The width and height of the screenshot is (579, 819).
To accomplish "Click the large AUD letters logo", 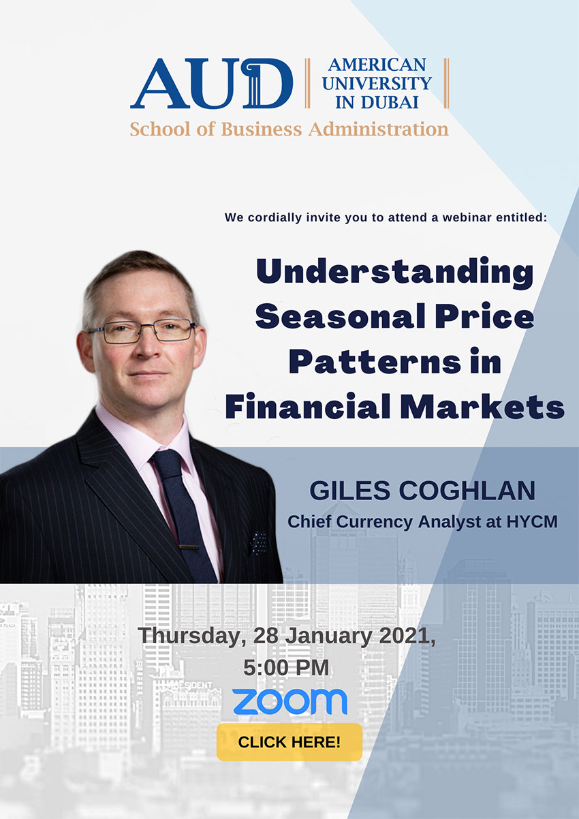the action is (x=212, y=83).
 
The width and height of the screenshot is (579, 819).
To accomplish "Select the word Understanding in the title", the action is (x=395, y=272).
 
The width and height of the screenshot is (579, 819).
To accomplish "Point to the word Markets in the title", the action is (x=482, y=405).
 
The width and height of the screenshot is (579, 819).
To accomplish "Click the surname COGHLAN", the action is (x=467, y=491).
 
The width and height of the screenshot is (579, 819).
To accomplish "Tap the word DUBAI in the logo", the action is (x=390, y=102).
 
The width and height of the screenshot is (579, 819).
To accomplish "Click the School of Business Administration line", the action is (x=289, y=129).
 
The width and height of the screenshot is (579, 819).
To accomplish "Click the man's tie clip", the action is (x=189, y=547).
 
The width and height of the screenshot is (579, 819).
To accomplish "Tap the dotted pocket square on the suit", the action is (x=258, y=543).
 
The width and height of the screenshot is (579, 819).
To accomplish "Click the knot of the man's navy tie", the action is (x=166, y=463).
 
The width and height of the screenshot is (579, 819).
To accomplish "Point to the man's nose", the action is (x=148, y=348).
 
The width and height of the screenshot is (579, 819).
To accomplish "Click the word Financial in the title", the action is (x=308, y=405).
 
